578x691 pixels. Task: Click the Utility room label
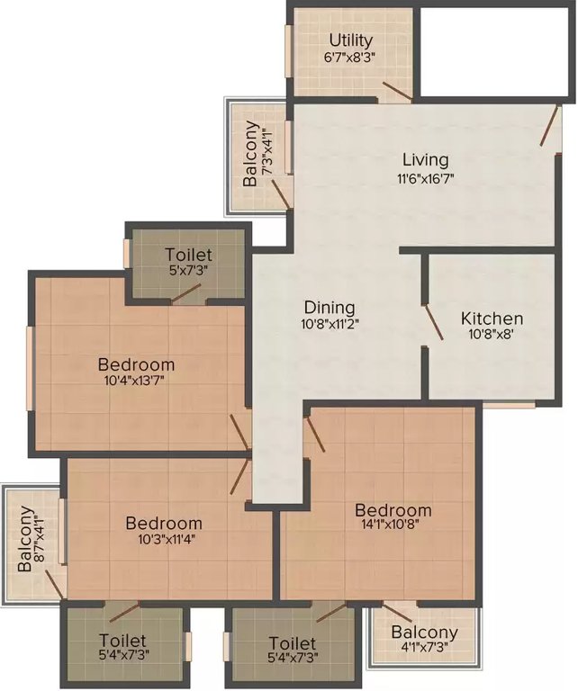point(351,40)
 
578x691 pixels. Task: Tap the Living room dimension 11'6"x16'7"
point(426,178)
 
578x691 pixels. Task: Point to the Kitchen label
point(492,319)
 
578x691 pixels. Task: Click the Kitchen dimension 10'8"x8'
point(492,336)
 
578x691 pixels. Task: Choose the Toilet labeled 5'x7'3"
point(189,255)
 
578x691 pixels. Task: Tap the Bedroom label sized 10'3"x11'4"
point(163,523)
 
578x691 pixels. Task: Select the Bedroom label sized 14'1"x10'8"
point(392,510)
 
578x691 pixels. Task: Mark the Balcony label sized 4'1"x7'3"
point(424,632)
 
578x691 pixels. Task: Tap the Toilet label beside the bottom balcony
point(292,643)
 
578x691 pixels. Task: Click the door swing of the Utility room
point(396,91)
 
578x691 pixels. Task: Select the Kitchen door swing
point(432,323)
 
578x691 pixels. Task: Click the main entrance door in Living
point(548,126)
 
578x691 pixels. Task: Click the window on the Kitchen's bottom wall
point(509,404)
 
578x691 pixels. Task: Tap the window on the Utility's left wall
point(289,52)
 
